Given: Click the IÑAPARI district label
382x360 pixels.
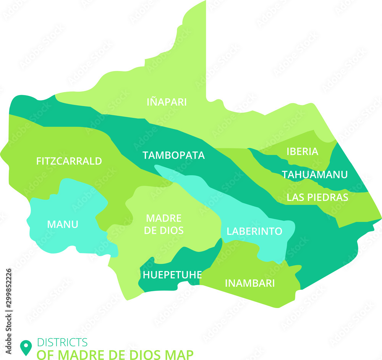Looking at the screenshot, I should [x=167, y=102].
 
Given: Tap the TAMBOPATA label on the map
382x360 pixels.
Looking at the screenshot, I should [x=173, y=155].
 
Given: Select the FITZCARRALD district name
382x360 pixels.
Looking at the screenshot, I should [x=69, y=161].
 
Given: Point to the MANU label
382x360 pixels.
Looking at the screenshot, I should [x=63, y=224].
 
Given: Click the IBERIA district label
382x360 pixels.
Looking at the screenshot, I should [x=302, y=152].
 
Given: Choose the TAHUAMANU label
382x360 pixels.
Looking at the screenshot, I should [x=315, y=174].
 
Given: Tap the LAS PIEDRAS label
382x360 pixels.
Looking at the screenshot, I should [x=317, y=197].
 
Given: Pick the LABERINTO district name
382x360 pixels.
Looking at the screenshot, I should [x=254, y=231].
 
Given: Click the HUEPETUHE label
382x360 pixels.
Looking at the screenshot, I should [x=172, y=274].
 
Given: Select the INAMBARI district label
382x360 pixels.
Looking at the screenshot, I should [x=250, y=283].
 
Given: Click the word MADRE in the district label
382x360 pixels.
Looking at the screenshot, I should [x=164, y=218].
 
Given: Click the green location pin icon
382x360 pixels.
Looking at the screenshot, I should [x=26, y=347].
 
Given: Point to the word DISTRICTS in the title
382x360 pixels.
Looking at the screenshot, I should [x=62, y=342].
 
